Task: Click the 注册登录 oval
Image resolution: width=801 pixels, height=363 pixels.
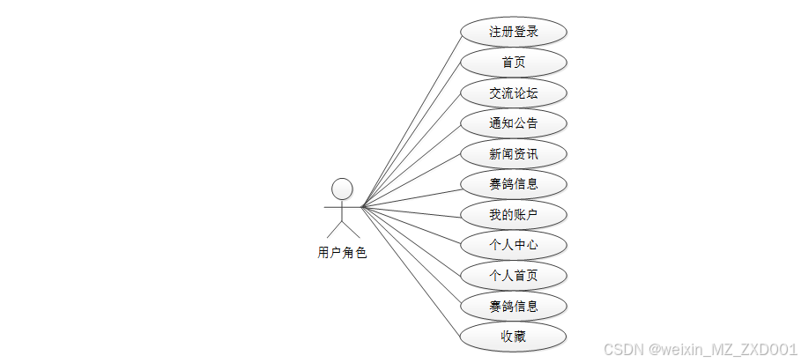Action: pyautogui.click(x=513, y=33)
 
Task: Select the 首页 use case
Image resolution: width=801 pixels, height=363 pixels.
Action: pyautogui.click(x=513, y=63)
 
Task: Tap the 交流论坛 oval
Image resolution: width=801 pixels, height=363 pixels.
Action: pyautogui.click(x=513, y=93)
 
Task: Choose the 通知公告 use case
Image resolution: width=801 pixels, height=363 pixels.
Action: pyautogui.click(x=513, y=122)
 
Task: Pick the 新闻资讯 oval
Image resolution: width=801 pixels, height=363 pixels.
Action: pyautogui.click(x=513, y=153)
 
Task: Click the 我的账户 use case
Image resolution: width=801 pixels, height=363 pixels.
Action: pyautogui.click(x=513, y=214)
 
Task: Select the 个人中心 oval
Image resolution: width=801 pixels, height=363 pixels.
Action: pyautogui.click(x=513, y=244)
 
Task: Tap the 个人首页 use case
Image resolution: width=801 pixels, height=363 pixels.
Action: pyautogui.click(x=513, y=275)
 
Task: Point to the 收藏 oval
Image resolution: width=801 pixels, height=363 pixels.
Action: pyautogui.click(x=513, y=336)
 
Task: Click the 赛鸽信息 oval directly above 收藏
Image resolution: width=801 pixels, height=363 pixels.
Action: pyautogui.click(x=513, y=306)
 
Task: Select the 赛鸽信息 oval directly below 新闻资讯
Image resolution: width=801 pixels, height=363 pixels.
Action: pyautogui.click(x=513, y=184)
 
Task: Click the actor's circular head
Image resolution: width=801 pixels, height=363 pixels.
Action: pyautogui.click(x=342, y=189)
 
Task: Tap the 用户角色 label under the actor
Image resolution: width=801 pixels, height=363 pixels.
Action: pyautogui.click(x=342, y=253)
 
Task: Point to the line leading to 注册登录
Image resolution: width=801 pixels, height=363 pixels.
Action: pyautogui.click(x=412, y=120)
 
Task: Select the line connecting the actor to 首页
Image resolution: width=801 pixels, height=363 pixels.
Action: pyautogui.click(x=412, y=136)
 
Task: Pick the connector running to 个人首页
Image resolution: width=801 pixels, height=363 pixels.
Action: pyautogui.click(x=412, y=241)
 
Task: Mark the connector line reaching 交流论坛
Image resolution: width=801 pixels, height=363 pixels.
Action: pyautogui.click(x=412, y=151)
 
